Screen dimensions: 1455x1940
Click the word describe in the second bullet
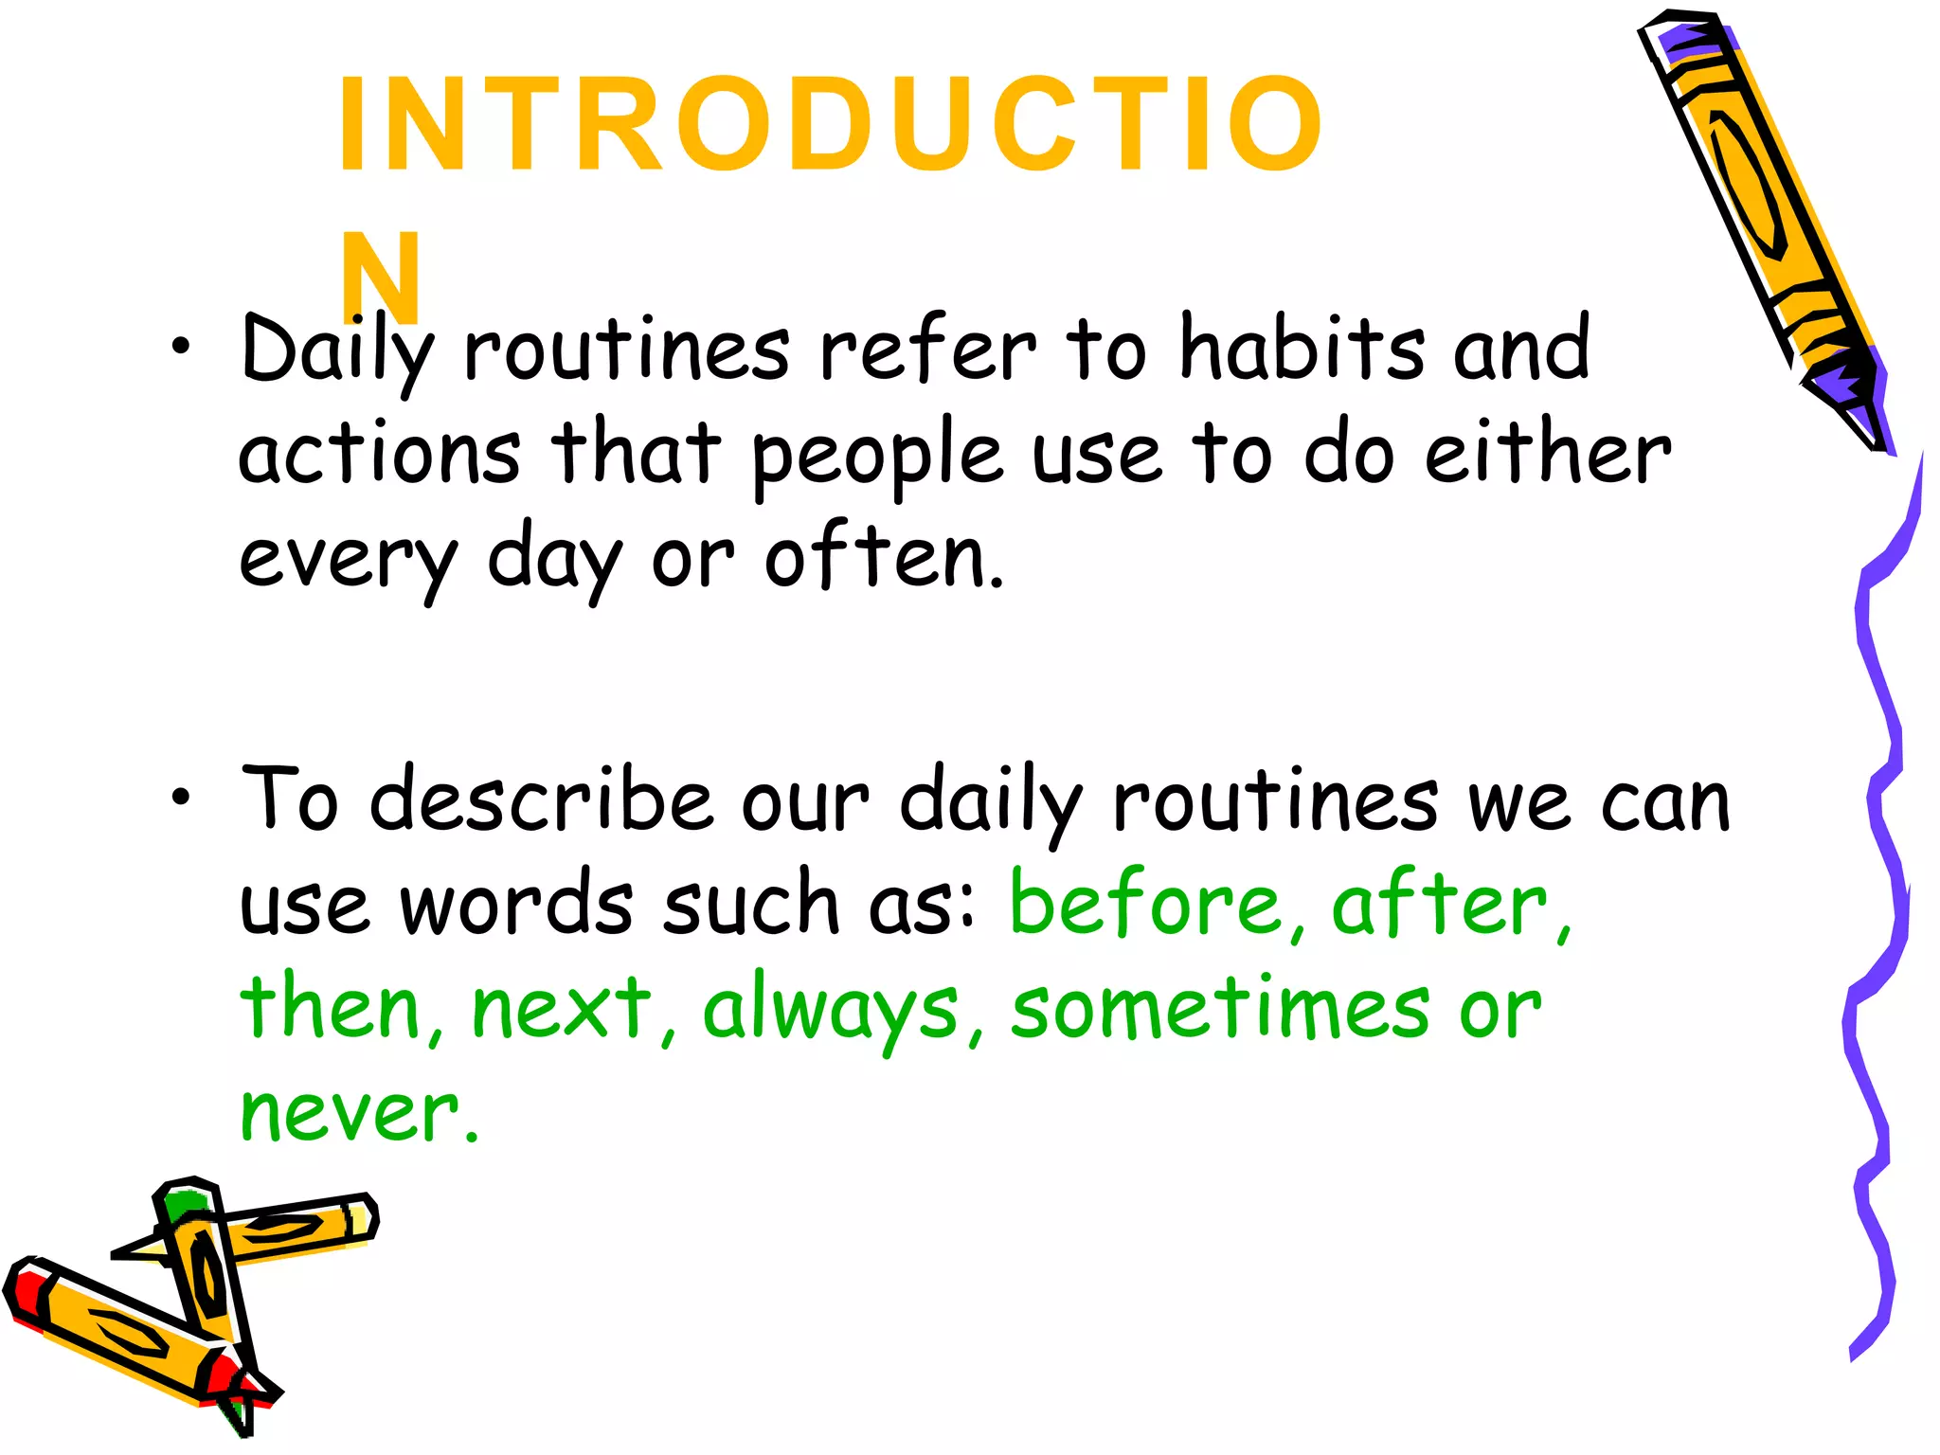(540, 800)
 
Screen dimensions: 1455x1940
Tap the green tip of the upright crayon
(185, 1205)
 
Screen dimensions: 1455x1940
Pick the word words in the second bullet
(516, 905)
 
